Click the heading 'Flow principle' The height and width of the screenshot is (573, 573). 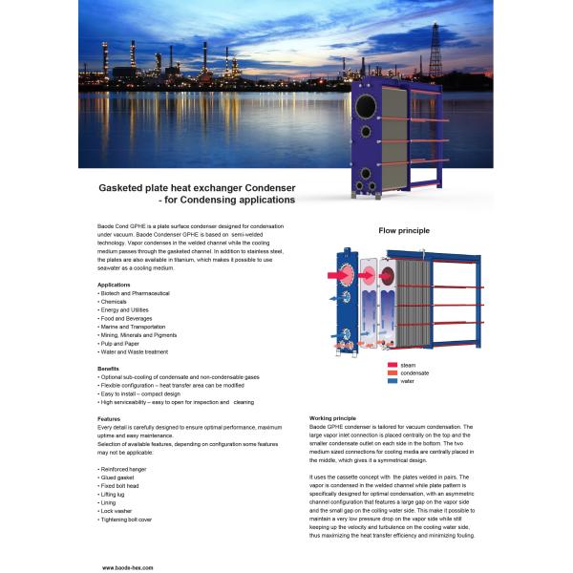[x=404, y=230]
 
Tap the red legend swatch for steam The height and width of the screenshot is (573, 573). [x=392, y=365]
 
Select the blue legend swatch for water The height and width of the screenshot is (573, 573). [x=392, y=380]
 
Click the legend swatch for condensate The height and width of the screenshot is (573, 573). [x=392, y=372]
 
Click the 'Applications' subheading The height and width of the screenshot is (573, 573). [x=114, y=285]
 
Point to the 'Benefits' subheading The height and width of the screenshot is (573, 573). [x=109, y=369]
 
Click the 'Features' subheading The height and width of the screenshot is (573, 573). [x=109, y=418]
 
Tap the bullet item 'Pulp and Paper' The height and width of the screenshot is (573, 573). [x=122, y=344]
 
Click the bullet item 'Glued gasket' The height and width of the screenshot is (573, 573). [x=118, y=477]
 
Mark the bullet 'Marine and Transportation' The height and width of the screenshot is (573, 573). [x=135, y=327]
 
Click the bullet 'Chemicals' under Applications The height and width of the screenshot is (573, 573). [x=117, y=301]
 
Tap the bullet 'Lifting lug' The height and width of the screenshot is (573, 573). [x=116, y=494]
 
